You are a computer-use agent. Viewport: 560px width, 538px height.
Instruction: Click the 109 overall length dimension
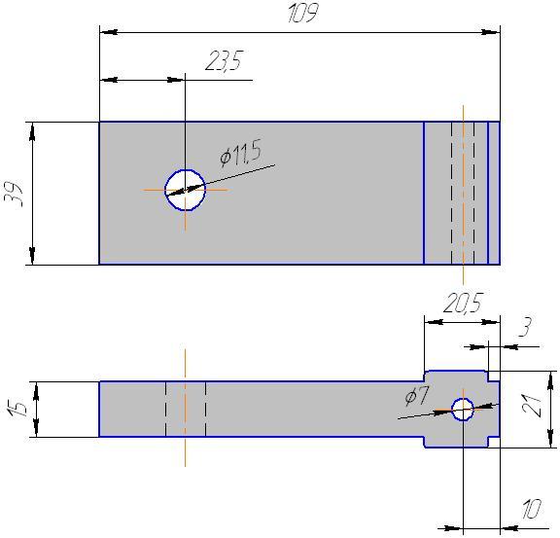pyautogui.click(x=303, y=14)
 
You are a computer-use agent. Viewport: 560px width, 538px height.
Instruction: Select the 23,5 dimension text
pyautogui.click(x=225, y=60)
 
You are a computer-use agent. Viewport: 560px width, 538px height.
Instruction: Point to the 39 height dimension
pyautogui.click(x=15, y=195)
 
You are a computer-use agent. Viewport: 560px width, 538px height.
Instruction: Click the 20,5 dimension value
pyautogui.click(x=463, y=303)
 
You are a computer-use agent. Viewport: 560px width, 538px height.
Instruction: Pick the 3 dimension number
pyautogui.click(x=525, y=326)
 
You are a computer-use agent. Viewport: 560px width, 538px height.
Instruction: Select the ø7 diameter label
pyautogui.click(x=417, y=396)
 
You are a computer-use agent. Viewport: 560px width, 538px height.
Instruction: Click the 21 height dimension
pyautogui.click(x=532, y=406)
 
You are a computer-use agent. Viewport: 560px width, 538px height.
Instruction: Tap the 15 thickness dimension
pyautogui.click(x=17, y=409)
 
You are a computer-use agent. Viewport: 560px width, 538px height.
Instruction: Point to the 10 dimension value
pyautogui.click(x=532, y=509)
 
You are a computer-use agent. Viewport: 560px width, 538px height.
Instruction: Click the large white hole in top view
pyautogui.click(x=185, y=190)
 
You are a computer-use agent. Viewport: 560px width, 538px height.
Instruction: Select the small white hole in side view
pyautogui.click(x=463, y=409)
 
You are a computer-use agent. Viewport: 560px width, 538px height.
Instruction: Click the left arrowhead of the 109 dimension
pyautogui.click(x=109, y=32)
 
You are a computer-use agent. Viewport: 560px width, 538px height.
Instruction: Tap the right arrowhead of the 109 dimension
pyautogui.click(x=490, y=32)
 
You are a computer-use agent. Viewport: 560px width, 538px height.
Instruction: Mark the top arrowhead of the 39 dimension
pyautogui.click(x=32, y=131)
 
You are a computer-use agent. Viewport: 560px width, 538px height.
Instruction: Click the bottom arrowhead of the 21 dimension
pyautogui.click(x=550, y=438)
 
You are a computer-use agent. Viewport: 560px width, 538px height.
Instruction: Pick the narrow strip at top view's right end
pyautogui.click(x=494, y=193)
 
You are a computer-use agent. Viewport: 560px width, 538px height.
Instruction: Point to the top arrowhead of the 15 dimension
pyautogui.click(x=36, y=391)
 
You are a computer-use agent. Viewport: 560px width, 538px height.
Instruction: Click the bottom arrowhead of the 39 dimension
pyautogui.click(x=32, y=256)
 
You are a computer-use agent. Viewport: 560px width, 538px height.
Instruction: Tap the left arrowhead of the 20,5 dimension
pyautogui.click(x=434, y=322)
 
